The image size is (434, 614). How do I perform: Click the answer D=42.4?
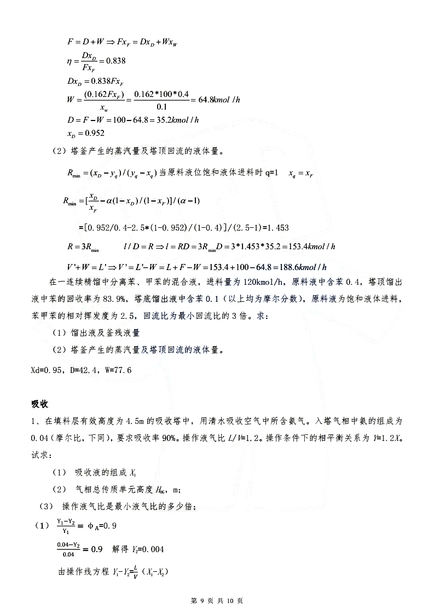point(85,370)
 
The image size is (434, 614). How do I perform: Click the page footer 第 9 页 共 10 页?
point(216,601)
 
